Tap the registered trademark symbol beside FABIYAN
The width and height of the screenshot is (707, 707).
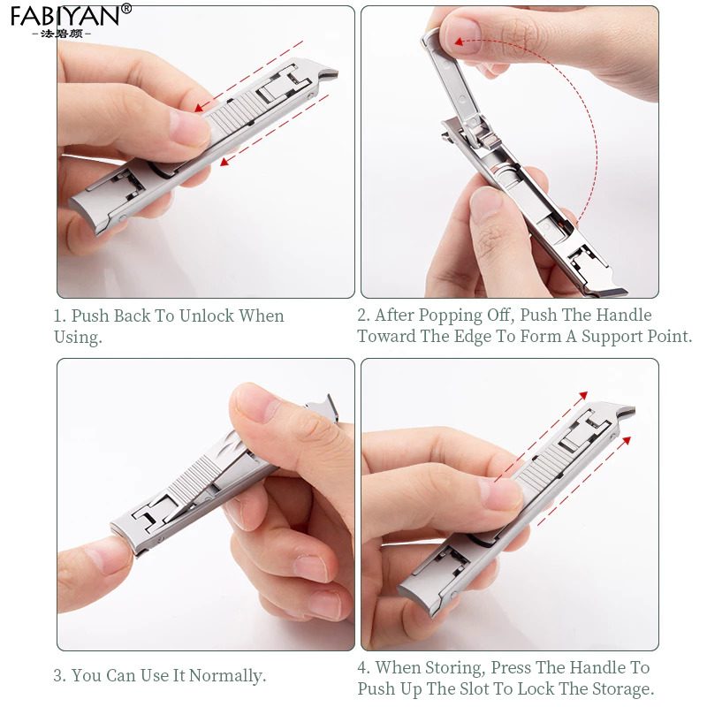pyautogui.click(x=126, y=9)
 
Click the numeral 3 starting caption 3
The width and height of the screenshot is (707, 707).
pyautogui.click(x=57, y=676)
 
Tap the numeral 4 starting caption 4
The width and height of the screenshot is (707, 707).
pyautogui.click(x=362, y=668)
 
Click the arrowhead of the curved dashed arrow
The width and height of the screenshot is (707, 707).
pyautogui.click(x=459, y=42)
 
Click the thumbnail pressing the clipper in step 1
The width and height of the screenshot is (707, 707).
pyautogui.click(x=188, y=128)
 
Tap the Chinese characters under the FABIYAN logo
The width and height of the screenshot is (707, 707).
pyautogui.click(x=62, y=34)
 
